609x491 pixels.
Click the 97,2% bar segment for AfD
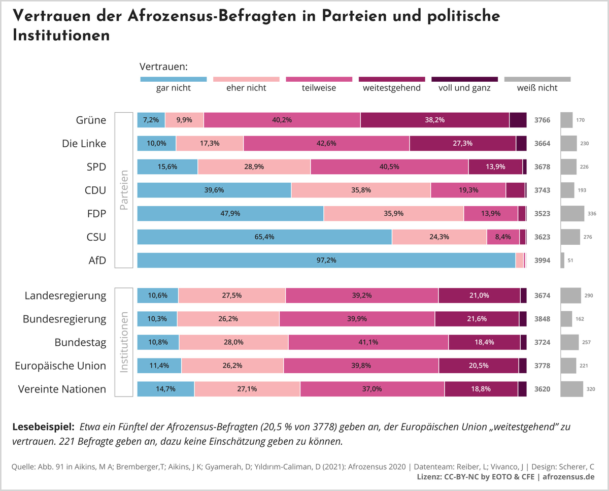point(326,260)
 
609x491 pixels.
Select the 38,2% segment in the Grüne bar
point(435,120)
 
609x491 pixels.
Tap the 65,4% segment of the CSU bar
point(264,237)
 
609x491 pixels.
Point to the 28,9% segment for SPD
point(254,167)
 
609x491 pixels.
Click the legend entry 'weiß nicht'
point(537,88)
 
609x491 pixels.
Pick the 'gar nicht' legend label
point(173,88)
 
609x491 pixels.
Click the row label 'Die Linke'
point(84,143)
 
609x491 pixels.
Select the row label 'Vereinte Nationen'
point(62,389)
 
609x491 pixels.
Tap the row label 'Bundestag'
point(81,342)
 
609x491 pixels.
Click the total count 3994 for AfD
point(542,260)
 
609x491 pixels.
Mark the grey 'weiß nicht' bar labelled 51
point(562,260)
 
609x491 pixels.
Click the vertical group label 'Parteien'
point(124,189)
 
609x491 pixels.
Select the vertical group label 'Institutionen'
point(124,342)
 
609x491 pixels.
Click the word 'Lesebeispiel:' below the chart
point(44,427)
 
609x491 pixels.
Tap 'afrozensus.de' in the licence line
point(569,477)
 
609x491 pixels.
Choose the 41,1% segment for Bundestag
point(368,342)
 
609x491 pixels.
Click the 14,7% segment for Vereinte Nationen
point(166,389)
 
